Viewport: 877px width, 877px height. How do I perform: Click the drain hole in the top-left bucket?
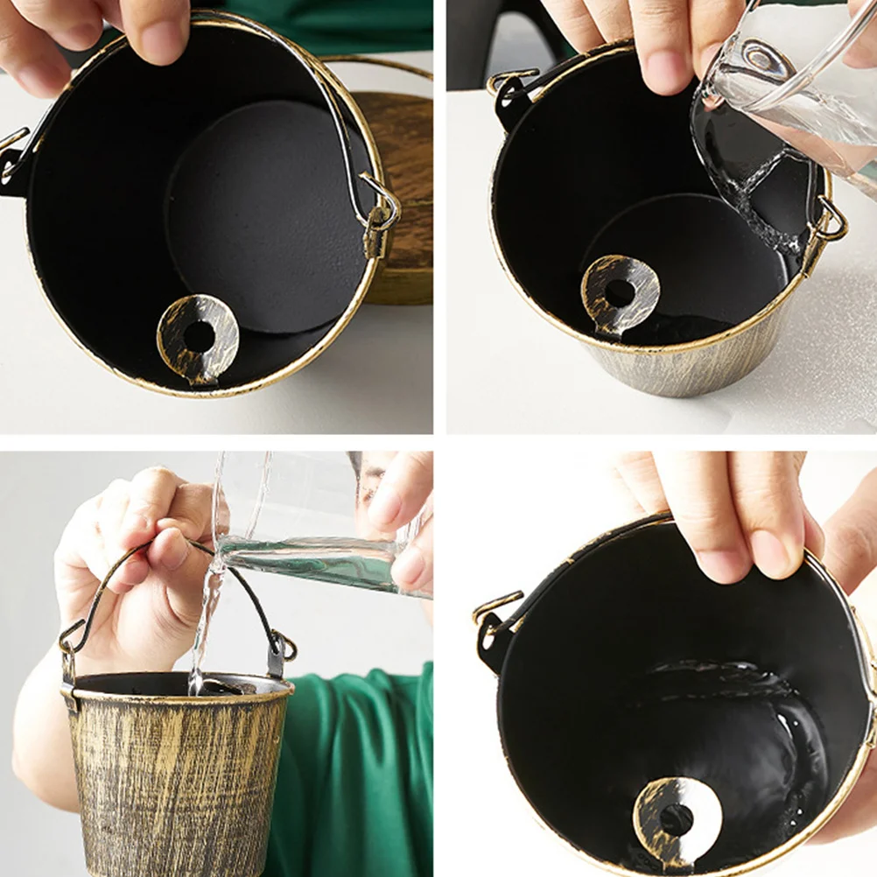199,337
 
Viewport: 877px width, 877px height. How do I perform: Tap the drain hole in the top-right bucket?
620,293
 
